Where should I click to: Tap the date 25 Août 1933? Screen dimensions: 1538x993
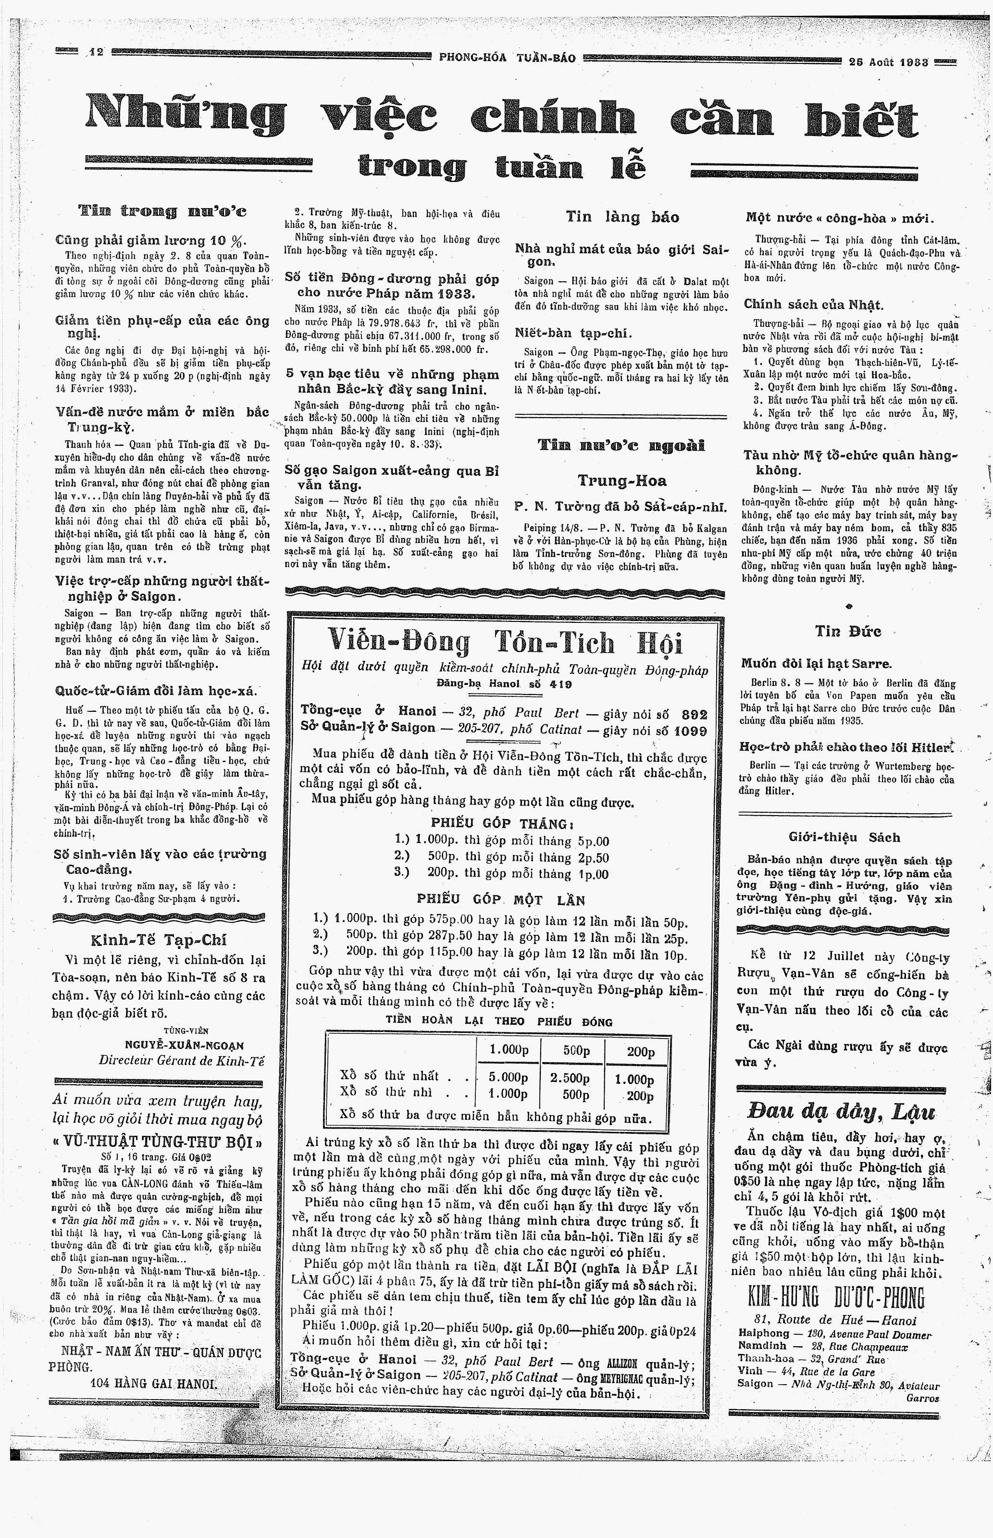(x=889, y=62)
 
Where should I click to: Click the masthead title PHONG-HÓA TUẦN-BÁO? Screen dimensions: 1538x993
(x=507, y=57)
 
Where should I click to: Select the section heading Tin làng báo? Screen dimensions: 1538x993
(x=622, y=217)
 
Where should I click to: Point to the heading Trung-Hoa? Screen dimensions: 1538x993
(x=622, y=481)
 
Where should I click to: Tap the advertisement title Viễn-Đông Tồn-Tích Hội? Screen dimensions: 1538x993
(x=506, y=642)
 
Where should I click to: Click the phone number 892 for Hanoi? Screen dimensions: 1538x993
(x=695, y=714)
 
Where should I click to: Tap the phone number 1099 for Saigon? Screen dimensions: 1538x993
(x=691, y=731)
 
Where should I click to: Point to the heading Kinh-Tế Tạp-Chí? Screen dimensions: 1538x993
(x=159, y=940)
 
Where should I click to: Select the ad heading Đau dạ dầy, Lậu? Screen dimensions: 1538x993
(x=841, y=1111)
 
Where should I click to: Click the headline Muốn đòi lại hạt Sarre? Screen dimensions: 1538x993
(x=816, y=663)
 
